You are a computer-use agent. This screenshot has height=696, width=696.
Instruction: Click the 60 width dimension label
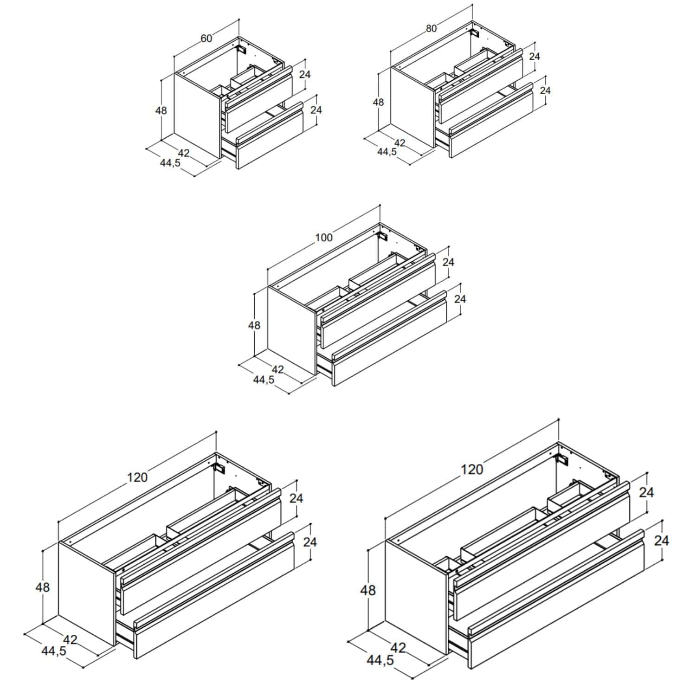point(206,38)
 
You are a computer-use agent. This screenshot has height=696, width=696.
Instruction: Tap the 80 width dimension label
point(431,28)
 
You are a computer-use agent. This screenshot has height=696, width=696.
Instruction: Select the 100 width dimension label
point(324,238)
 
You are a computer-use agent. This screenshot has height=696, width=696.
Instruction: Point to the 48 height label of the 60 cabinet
point(161,110)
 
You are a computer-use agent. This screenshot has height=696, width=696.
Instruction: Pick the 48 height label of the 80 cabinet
point(379,102)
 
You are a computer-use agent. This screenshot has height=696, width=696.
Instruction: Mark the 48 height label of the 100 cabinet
point(254,325)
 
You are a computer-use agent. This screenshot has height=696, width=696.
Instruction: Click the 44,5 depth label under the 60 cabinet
point(170,163)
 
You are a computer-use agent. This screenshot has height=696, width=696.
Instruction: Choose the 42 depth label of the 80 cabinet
point(400,143)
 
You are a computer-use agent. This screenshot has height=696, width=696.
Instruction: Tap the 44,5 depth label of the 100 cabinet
point(264,380)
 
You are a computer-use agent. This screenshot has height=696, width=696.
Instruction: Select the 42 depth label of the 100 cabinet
point(277,369)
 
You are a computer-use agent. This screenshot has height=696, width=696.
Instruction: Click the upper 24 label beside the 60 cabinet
point(305,74)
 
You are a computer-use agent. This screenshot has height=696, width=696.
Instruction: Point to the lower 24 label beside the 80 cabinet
point(545,90)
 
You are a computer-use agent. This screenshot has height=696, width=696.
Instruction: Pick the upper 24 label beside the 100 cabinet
point(448,262)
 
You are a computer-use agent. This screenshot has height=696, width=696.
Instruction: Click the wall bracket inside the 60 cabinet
point(241,48)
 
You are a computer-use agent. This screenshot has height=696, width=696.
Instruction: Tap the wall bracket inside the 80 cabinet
point(475,33)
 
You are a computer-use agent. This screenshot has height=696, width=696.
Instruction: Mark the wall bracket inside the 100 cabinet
point(384,236)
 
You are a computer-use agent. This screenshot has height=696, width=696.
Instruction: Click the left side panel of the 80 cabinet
point(413,108)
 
